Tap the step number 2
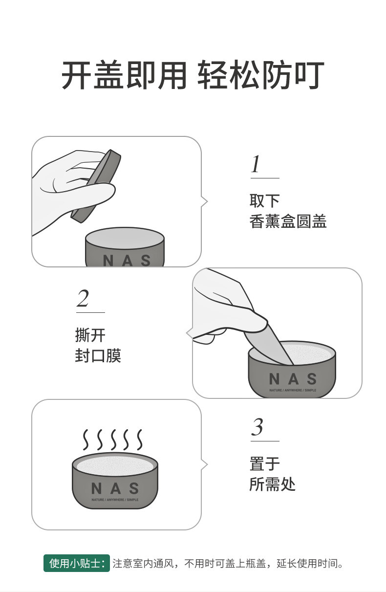tap(83, 299)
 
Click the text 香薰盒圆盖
tap(288, 222)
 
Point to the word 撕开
tap(90, 335)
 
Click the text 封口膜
tap(98, 355)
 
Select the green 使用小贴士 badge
tap(77, 563)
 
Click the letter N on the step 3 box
tap(97, 488)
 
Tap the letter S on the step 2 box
tap(312, 379)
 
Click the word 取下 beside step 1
tap(264, 201)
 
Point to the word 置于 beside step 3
tap(264, 463)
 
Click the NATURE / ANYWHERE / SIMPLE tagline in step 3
tap(115, 500)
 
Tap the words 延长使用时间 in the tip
tap(307, 564)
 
